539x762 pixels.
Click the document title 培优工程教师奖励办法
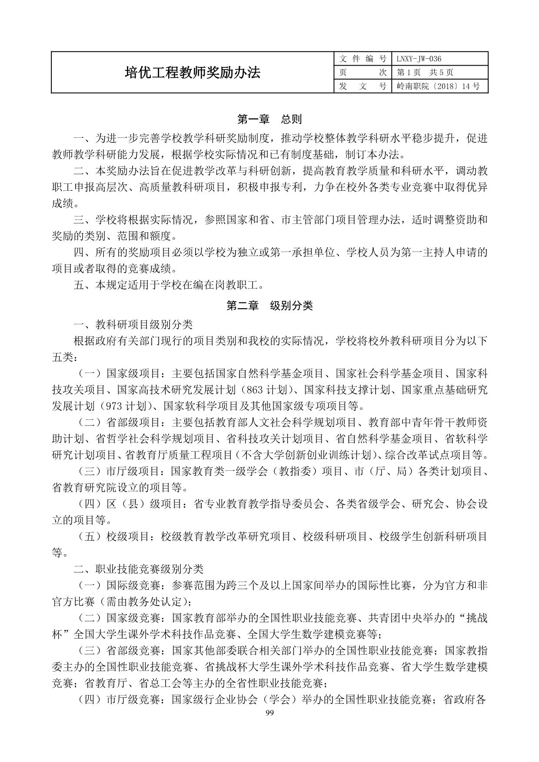coord(193,72)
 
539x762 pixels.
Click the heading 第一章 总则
coord(269,119)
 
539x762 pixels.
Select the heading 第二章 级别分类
coord(269,306)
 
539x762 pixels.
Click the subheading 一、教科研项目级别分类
coord(133,324)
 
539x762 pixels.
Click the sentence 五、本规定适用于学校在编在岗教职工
coord(169,285)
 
